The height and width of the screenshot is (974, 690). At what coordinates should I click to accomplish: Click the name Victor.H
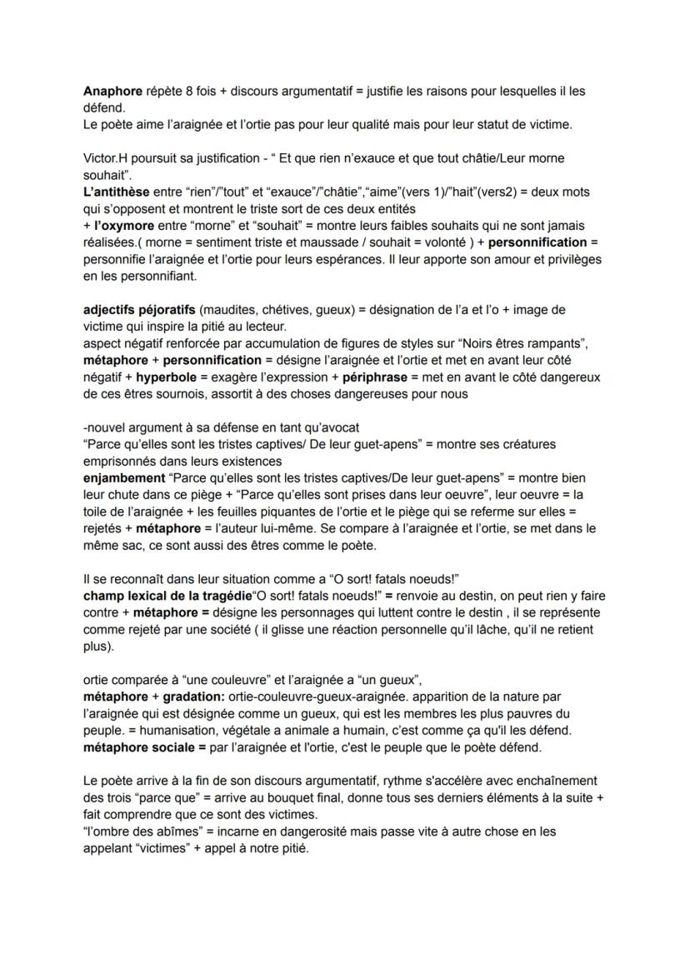point(106,158)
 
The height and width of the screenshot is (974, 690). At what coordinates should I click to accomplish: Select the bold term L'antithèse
point(117,192)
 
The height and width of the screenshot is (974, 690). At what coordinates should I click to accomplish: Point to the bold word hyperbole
point(166,377)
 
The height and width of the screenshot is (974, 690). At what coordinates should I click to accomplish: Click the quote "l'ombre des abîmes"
point(137,832)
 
